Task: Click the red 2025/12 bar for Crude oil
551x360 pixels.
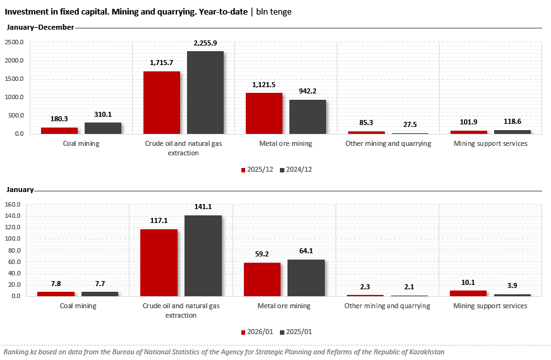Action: click(x=162, y=102)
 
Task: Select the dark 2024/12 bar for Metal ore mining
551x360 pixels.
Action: click(x=308, y=117)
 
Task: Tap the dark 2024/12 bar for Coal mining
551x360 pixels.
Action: click(x=103, y=128)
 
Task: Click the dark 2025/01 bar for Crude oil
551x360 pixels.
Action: click(x=203, y=256)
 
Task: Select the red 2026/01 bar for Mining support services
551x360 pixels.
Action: click(x=468, y=293)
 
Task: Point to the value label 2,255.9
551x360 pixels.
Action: click(x=205, y=43)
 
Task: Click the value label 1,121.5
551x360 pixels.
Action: click(x=264, y=85)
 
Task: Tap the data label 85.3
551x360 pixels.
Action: click(x=366, y=123)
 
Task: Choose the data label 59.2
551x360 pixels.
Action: click(x=262, y=255)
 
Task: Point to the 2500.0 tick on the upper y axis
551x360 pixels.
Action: click(x=14, y=42)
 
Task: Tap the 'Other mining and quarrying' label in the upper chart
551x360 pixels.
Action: click(x=388, y=143)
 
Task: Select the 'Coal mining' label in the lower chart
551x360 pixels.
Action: click(x=78, y=306)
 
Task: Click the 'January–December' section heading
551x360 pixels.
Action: click(x=40, y=27)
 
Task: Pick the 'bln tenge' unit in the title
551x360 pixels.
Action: click(x=274, y=11)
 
